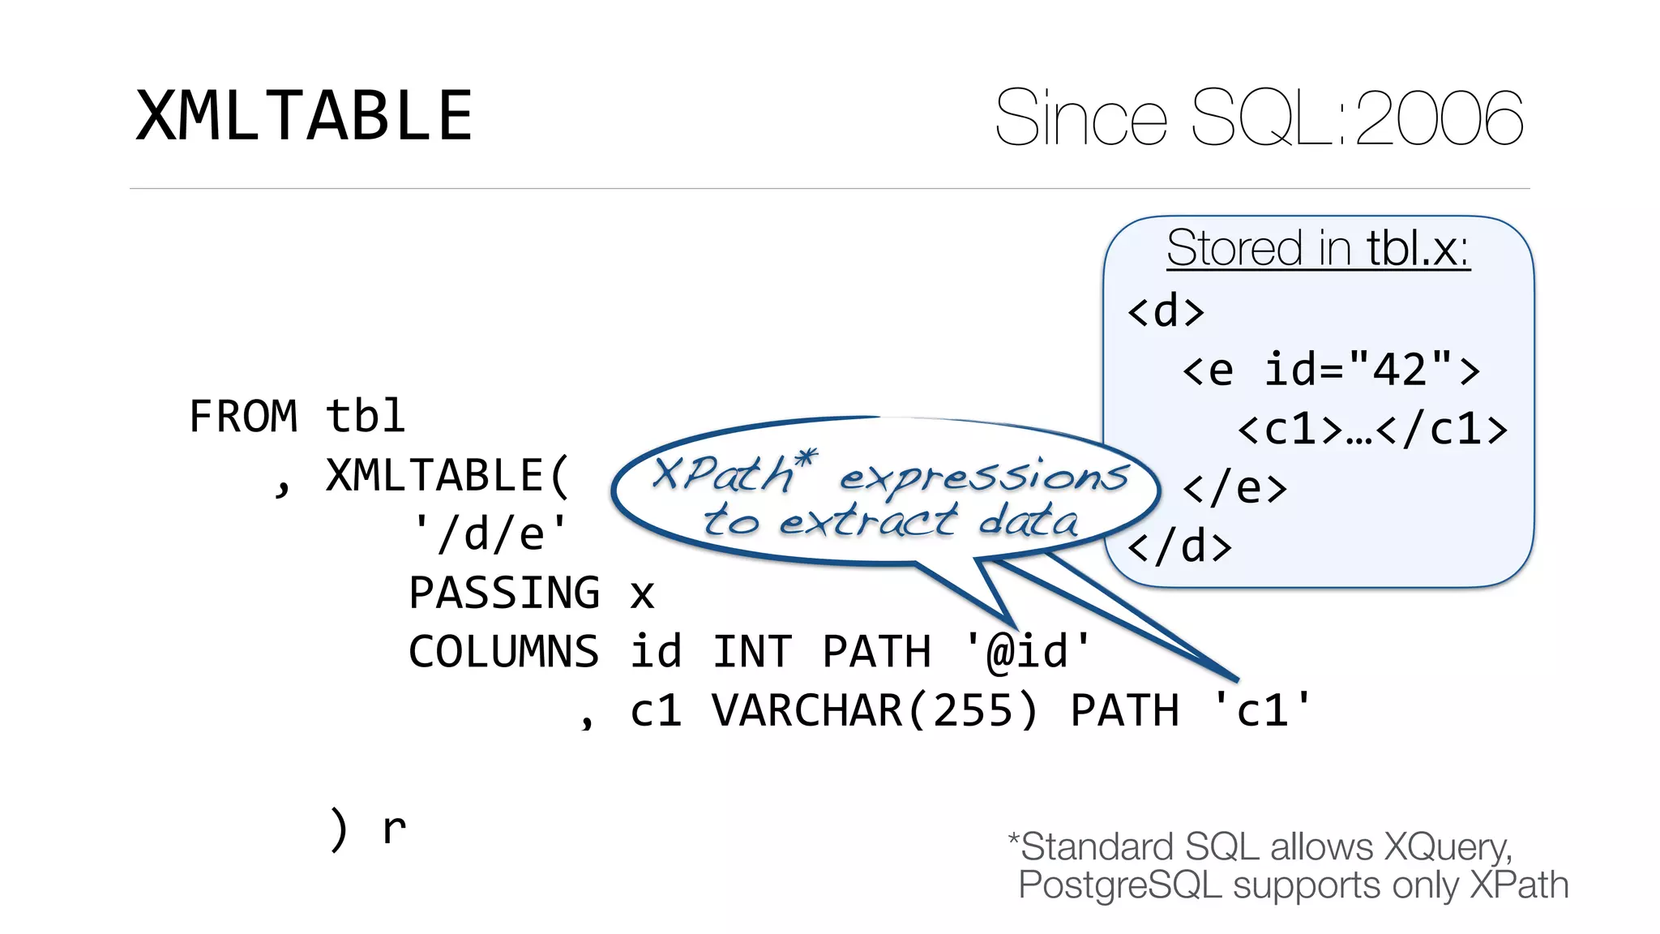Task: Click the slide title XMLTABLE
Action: [304, 116]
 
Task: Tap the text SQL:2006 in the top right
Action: [1358, 118]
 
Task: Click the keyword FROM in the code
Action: [243, 417]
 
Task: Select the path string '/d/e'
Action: [490, 534]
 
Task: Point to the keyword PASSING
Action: [504, 593]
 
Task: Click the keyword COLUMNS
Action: [503, 652]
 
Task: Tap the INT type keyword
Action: [752, 652]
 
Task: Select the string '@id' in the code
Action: [1028, 652]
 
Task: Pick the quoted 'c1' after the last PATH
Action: [1262, 711]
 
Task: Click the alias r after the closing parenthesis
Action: [394, 829]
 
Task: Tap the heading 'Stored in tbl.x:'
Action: [1318, 247]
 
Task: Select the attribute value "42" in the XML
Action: [1400, 370]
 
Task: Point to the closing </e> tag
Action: [1234, 488]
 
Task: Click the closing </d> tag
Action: [1179, 546]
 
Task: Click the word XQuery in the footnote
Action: [1447, 847]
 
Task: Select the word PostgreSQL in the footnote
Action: [1119, 885]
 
